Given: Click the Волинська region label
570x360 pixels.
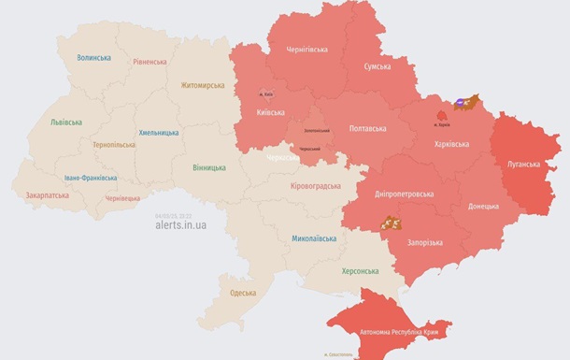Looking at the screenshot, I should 93,58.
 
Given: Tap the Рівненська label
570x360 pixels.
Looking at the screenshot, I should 150,63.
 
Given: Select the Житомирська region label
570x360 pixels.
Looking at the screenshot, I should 203,86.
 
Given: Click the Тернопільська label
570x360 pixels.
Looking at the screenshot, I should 114,145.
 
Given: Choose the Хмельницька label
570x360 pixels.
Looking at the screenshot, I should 158,133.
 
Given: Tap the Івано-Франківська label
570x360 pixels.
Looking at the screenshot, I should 91,178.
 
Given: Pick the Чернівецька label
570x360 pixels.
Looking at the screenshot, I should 122,198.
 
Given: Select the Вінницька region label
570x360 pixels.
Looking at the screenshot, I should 208,167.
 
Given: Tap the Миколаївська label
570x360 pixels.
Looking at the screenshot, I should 314,238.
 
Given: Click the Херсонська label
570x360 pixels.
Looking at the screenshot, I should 359,271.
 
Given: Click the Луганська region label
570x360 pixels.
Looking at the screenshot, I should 523,164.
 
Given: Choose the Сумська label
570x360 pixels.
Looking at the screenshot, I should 377,67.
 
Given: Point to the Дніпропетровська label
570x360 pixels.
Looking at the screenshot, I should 404,194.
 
